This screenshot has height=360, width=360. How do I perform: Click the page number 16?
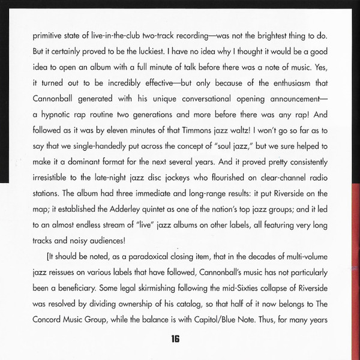pyautogui.click(x=175, y=340)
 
